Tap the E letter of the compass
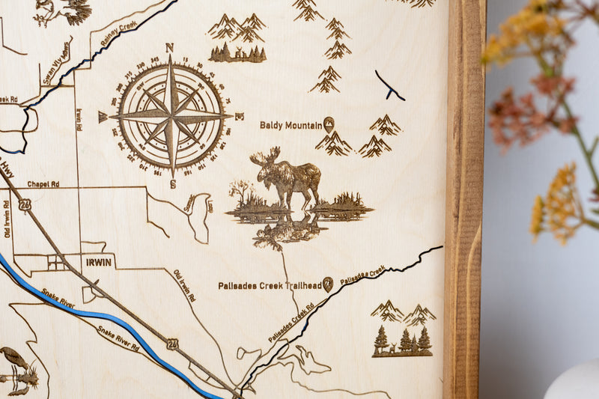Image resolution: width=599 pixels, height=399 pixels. coord(240,117)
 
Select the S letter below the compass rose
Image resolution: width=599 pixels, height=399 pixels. coord(172,184)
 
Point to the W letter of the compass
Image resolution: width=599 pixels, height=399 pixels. coord(103,117)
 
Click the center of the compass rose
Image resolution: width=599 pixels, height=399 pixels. coord(171,117)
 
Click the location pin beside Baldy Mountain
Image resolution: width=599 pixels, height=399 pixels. coord(329,124)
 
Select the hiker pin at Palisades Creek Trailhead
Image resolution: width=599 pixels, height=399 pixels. coord(327,284)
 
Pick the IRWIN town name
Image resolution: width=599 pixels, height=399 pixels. coord(98,262)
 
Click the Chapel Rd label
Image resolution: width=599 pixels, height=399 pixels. coord(43,183)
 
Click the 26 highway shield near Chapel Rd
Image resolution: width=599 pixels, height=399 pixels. coord(25,204)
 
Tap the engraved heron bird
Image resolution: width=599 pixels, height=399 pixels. coord(15,364)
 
